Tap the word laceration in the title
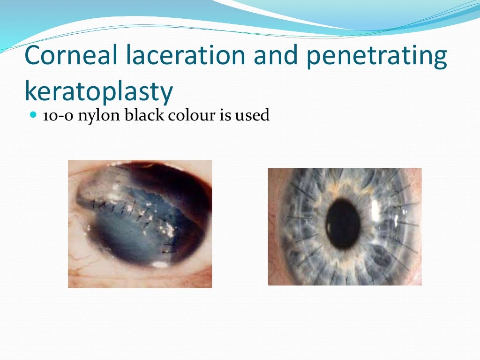(x=184, y=55)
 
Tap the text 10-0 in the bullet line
(x=58, y=115)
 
